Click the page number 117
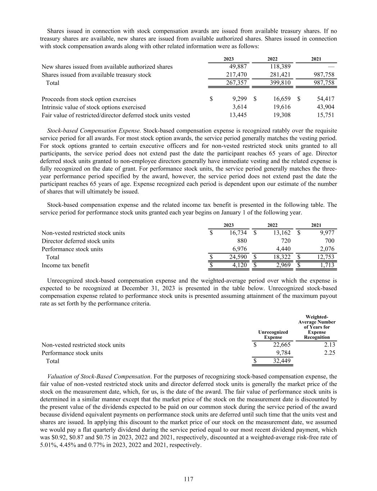coord(188,479)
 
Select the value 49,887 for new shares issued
coord(238,67)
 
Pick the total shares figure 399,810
coord(280,83)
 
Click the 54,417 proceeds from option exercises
coord(324,99)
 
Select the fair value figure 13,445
coord(238,115)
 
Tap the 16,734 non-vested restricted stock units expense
coord(238,233)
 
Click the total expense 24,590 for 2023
coord(238,257)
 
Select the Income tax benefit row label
coord(65,265)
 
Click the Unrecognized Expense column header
coord(273,335)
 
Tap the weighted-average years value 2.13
coord(329,345)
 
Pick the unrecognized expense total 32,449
coord(282,361)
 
